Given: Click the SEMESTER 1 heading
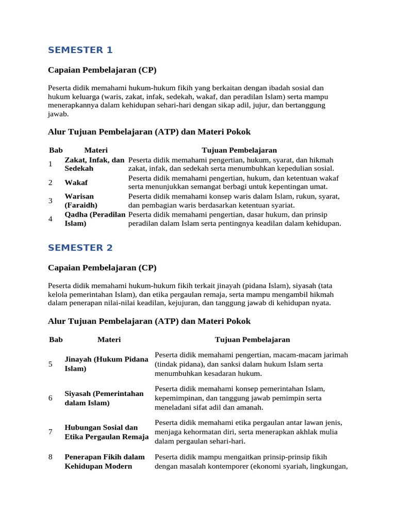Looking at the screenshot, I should click(80, 50).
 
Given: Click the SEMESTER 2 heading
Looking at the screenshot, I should click(80, 247).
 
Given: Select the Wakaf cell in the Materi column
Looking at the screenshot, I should click(76, 183).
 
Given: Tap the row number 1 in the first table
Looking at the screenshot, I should click(51, 164).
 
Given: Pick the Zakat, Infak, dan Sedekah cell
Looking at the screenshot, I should click(94, 164).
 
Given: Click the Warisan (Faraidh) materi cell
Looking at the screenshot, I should click(81, 201).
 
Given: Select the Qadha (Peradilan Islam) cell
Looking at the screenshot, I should click(95, 219).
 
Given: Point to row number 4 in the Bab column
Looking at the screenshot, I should click(51, 219).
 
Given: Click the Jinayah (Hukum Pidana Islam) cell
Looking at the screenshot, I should click(106, 364).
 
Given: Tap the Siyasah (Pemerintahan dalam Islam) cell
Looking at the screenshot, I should click(104, 398).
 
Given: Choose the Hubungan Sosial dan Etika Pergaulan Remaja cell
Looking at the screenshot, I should click(106, 432).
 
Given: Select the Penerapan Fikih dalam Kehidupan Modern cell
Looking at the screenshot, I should click(105, 461).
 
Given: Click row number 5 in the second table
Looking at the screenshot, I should click(51, 364).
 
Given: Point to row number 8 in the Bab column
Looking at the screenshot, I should click(51, 457).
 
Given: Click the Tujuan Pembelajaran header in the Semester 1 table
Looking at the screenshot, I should click(239, 150).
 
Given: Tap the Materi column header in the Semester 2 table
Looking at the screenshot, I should click(109, 339).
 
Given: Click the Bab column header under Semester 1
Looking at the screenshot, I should click(56, 150).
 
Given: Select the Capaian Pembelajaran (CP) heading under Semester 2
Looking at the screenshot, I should click(102, 268).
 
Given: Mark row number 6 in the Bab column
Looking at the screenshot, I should click(51, 398).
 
